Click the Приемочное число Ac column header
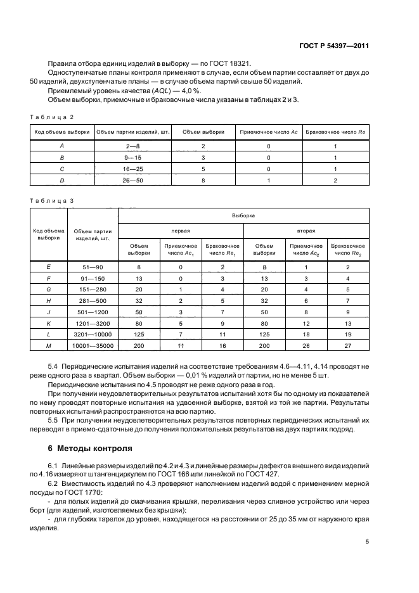(x=268, y=132)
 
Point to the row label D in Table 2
(x=61, y=180)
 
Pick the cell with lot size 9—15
(x=132, y=157)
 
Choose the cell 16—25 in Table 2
(x=132, y=169)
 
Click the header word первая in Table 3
(x=181, y=231)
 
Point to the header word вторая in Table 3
(x=306, y=231)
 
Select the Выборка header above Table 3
(x=243, y=215)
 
